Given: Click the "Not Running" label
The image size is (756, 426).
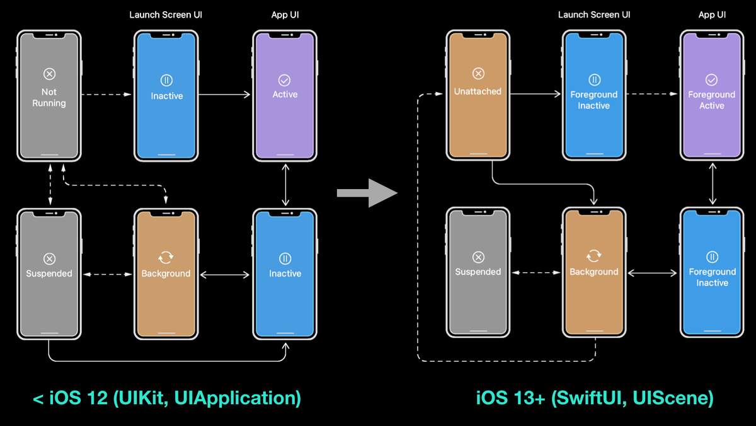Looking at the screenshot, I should click(x=49, y=97).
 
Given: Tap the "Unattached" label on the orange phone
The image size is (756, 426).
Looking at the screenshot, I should click(x=478, y=91).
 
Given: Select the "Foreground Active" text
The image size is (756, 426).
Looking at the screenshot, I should click(x=711, y=100).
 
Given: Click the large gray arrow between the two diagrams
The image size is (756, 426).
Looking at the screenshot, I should click(x=367, y=193).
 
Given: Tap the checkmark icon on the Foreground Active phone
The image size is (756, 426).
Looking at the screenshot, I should click(x=711, y=79).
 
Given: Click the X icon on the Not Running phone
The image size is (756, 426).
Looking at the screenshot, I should click(x=49, y=74).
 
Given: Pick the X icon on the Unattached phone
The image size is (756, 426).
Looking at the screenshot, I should click(x=478, y=74).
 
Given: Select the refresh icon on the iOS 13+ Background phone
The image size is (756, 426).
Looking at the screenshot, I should click(x=593, y=255).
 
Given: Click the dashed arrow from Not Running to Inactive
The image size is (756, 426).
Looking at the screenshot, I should click(x=106, y=95).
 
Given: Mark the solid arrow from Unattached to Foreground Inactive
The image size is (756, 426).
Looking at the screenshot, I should click(x=535, y=94).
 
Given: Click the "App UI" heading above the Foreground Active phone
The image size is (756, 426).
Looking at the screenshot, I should click(x=711, y=14).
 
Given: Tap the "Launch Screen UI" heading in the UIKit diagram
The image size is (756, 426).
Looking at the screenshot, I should click(x=166, y=14).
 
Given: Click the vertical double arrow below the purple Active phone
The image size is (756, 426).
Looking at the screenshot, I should click(x=286, y=185).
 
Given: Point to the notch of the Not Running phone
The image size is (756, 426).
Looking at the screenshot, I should click(x=49, y=35).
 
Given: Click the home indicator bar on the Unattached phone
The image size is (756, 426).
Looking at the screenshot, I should click(x=478, y=153).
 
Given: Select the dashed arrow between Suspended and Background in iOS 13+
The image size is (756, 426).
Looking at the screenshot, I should click(x=535, y=272).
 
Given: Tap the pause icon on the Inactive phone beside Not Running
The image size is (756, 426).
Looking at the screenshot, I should click(x=166, y=80).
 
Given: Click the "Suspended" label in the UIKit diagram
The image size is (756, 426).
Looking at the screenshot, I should click(x=49, y=273).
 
